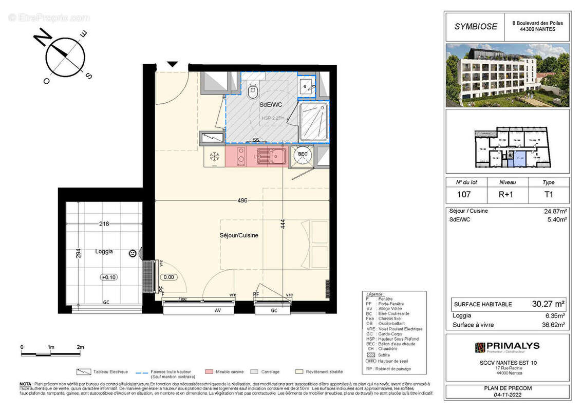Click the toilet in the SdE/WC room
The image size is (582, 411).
252,92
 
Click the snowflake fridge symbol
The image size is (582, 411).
215,156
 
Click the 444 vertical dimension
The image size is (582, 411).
283,225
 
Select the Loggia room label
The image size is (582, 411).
104,252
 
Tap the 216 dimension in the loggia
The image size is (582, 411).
105,224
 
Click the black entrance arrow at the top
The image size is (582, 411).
173,64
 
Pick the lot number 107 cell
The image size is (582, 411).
464,195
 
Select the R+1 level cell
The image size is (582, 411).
506,195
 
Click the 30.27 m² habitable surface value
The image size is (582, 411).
548,304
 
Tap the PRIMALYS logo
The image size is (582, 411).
506,348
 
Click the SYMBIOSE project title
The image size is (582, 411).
475,27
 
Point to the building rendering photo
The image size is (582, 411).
507,75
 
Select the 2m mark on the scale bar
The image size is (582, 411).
80,348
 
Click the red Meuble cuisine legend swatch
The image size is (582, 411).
209,371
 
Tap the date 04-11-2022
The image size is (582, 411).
508,396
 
